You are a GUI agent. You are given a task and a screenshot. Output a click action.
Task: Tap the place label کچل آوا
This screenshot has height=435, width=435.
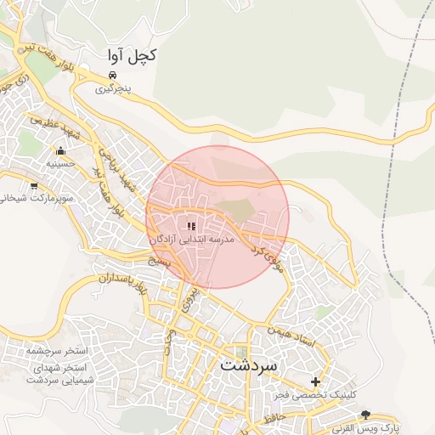click(x=132, y=56)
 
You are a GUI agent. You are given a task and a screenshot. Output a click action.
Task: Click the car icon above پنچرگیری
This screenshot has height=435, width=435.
click(x=113, y=75)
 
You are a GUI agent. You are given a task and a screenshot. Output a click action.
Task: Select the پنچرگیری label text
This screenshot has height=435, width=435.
click(x=113, y=88)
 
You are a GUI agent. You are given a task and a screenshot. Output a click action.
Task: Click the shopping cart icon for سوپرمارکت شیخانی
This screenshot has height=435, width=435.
click(x=33, y=185)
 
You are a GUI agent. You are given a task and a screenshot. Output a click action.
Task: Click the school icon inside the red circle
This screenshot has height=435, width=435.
click(x=190, y=226)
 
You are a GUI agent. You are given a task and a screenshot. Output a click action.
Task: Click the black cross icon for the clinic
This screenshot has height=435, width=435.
click(x=316, y=381)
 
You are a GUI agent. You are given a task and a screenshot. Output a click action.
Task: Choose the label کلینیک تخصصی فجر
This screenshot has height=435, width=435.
click(x=314, y=396)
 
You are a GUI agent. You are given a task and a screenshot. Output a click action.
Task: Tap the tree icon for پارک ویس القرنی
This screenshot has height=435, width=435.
click(x=366, y=415)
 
